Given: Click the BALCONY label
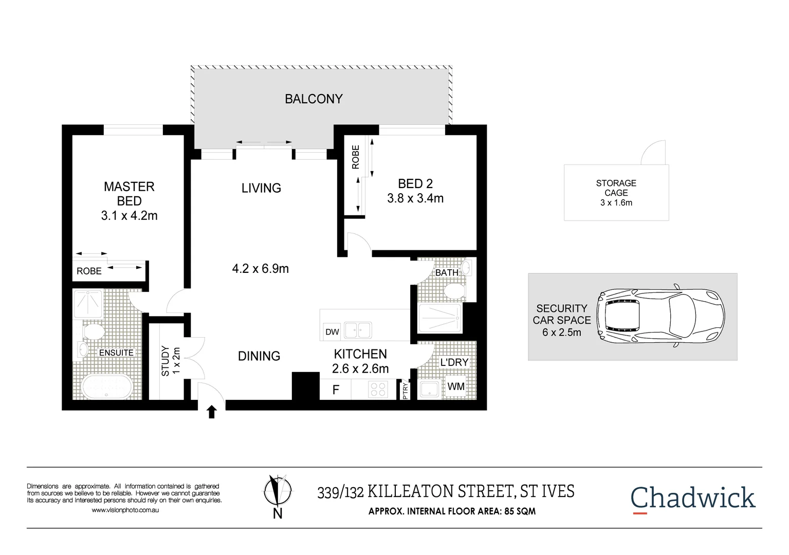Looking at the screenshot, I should click(x=314, y=99).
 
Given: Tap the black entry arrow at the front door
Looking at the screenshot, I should click(x=212, y=412).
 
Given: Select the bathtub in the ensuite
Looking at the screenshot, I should click(x=107, y=386).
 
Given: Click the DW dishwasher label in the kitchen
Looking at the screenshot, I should click(x=332, y=332).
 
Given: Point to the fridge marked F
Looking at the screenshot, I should click(x=336, y=390).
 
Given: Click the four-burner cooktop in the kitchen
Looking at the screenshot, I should click(x=378, y=390).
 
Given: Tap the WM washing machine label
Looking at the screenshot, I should click(x=456, y=386).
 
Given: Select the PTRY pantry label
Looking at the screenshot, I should click(x=405, y=391).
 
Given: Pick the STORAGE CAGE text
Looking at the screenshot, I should click(x=616, y=188).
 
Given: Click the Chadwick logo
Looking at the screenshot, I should click(x=692, y=498).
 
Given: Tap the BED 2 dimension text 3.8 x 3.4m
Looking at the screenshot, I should click(x=415, y=198).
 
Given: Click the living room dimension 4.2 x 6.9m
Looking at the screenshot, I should click(x=260, y=269).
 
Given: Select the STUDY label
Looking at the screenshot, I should click(x=166, y=361).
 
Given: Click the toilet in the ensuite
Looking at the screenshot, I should click(x=93, y=331).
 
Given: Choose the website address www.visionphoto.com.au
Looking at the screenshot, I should click(x=125, y=510).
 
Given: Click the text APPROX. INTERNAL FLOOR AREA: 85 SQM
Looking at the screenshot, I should click(x=452, y=511).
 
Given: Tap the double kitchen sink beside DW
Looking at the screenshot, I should click(x=358, y=330).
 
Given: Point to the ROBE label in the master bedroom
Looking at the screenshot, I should click(x=89, y=271).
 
